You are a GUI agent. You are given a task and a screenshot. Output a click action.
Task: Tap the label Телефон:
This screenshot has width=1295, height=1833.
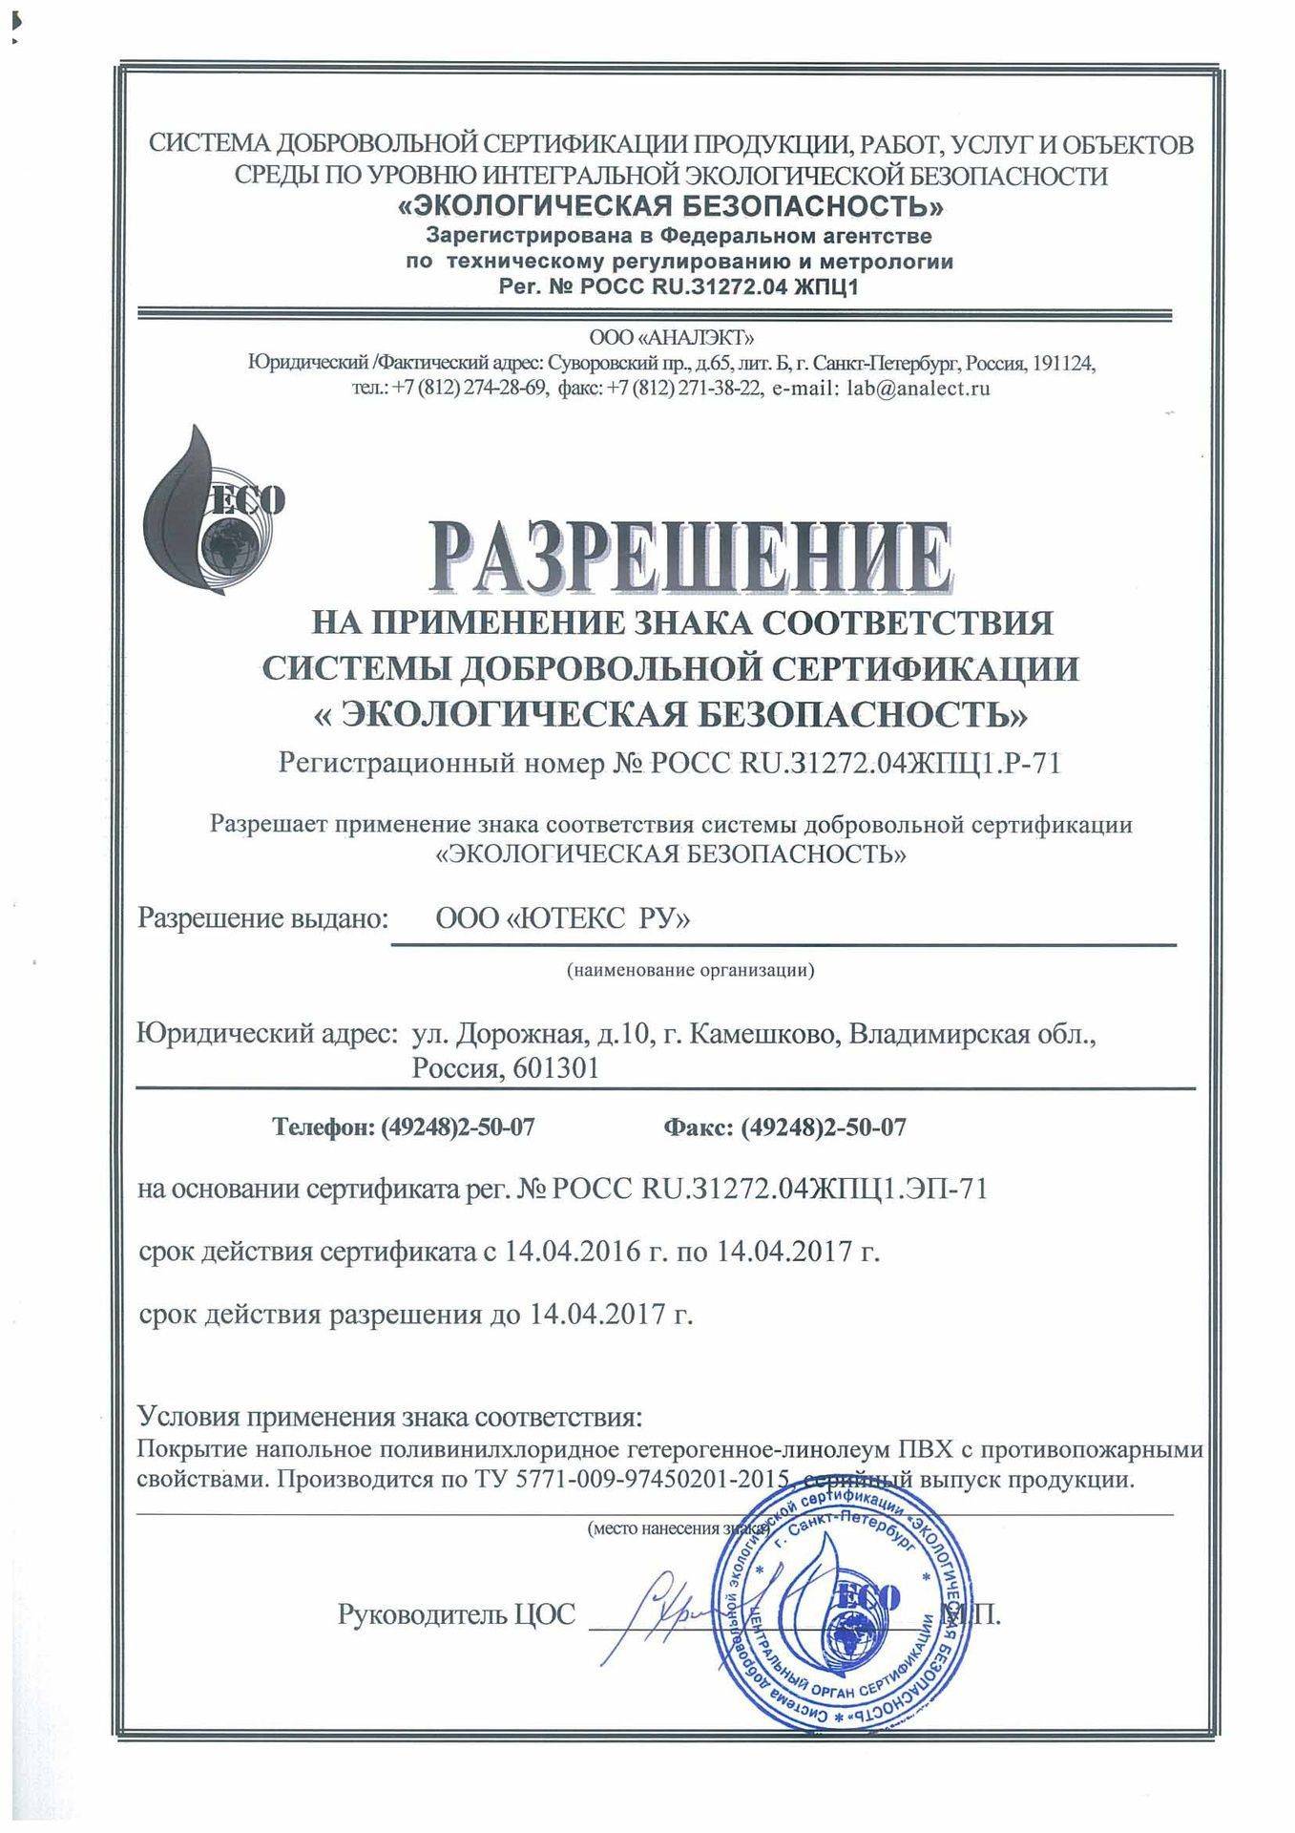tap(325, 1127)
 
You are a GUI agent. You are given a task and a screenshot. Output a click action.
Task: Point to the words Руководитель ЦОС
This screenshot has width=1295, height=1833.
tap(457, 1614)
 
